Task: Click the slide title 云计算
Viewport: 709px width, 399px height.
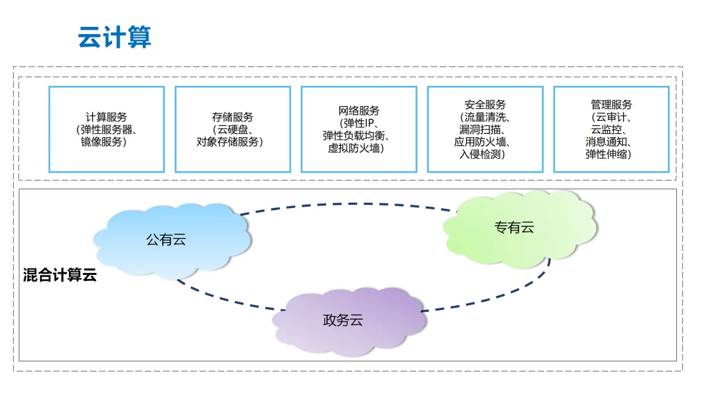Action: point(114,37)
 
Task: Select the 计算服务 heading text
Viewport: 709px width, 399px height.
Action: point(106,117)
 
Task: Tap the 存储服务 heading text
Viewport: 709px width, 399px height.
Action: point(232,117)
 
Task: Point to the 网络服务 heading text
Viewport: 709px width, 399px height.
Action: point(358,111)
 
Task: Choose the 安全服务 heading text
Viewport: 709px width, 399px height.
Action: point(484,105)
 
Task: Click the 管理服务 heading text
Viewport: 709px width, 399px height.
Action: point(611,105)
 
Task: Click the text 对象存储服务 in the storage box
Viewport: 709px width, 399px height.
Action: point(230,142)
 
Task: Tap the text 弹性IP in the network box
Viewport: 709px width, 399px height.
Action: point(358,123)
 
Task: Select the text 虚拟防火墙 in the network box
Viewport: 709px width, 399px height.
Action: point(356,148)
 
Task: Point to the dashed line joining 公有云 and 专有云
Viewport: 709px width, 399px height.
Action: point(348,204)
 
